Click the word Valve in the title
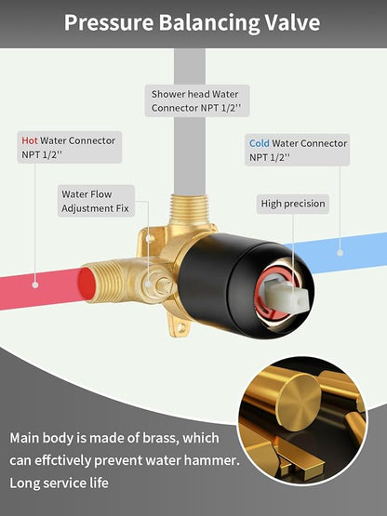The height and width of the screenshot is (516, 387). (292, 22)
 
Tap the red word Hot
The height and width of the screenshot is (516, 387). (30, 140)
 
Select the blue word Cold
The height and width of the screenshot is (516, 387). (260, 143)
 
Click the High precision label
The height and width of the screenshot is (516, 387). (293, 204)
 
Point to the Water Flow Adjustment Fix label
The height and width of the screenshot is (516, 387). (96, 201)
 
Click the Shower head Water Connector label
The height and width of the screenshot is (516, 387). (196, 100)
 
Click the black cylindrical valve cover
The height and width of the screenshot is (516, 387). (224, 283)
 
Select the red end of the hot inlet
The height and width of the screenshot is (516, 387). (87, 284)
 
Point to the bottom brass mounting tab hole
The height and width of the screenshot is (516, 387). (180, 328)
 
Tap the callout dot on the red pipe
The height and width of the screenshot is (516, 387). (35, 285)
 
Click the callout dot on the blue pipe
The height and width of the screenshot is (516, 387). (340, 253)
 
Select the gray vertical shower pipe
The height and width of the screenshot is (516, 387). (190, 122)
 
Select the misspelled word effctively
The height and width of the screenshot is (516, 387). (62, 460)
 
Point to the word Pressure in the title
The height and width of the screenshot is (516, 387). (109, 22)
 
